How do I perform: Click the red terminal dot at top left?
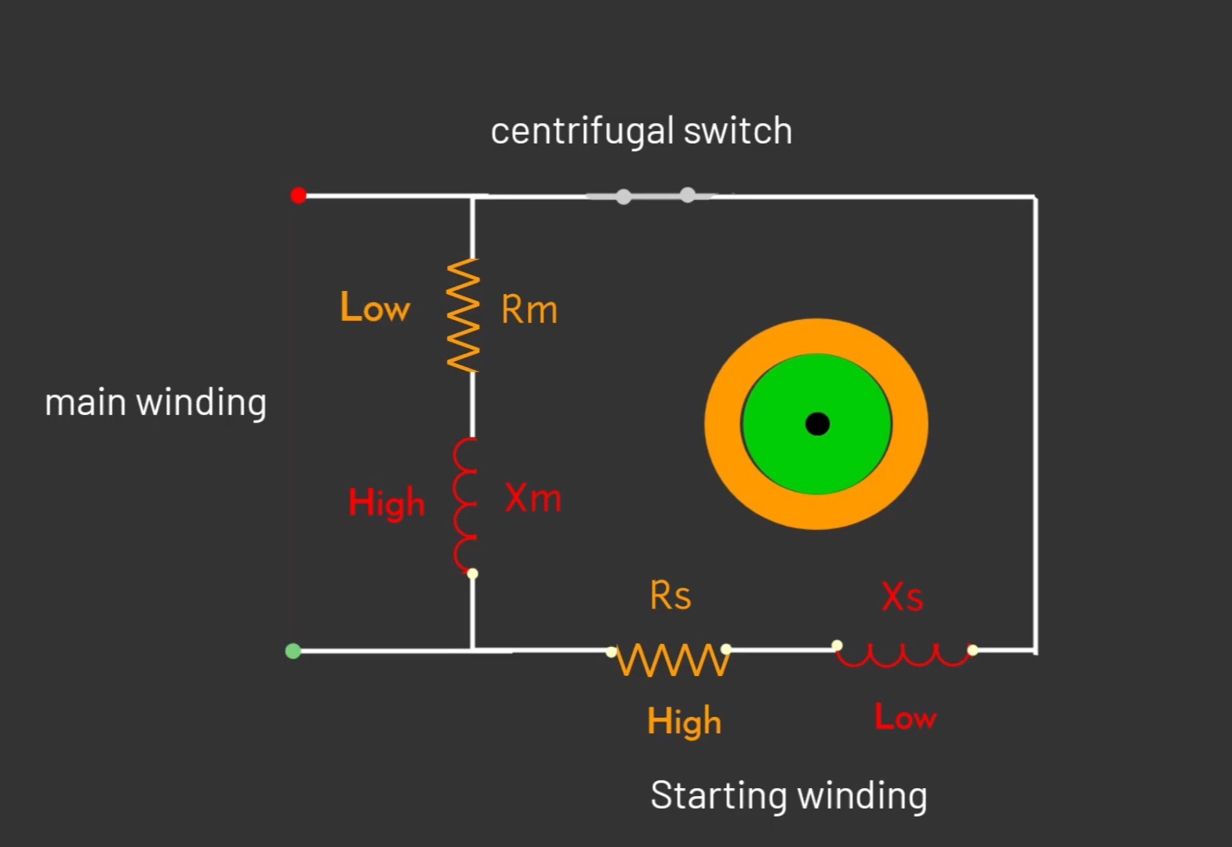(x=298, y=195)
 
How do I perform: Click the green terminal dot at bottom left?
(x=293, y=651)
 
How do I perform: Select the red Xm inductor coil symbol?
(x=465, y=504)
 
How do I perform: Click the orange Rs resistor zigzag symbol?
(x=673, y=660)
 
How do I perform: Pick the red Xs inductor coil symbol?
(x=904, y=655)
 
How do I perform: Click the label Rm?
(x=529, y=310)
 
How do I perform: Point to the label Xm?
(x=533, y=498)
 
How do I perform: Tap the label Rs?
(x=671, y=596)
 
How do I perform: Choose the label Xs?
(x=903, y=597)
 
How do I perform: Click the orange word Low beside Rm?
(x=375, y=307)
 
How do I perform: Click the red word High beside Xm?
(x=387, y=503)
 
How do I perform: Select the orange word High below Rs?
(x=684, y=722)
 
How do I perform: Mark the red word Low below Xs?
(x=906, y=717)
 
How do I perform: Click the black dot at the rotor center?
(x=817, y=423)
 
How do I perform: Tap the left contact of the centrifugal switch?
(x=623, y=196)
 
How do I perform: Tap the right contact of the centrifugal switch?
(x=688, y=194)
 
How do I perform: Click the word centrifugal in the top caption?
(x=582, y=131)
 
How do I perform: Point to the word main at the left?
(x=85, y=402)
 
